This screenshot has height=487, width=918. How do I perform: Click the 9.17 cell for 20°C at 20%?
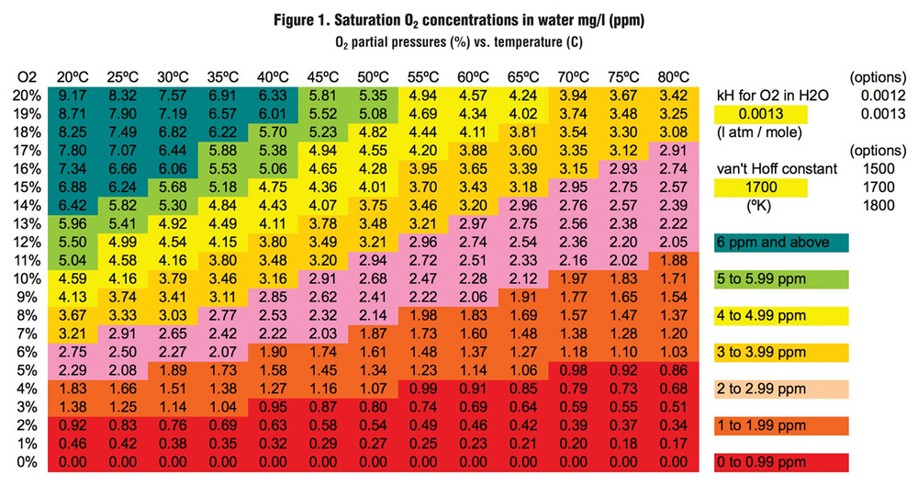pos(73,96)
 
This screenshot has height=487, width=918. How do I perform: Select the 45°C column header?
pos(322,77)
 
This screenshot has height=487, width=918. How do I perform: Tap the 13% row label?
pos(27,224)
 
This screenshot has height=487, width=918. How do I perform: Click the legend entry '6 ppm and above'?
pos(781,243)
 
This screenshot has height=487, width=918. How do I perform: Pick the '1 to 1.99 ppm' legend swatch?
pos(781,425)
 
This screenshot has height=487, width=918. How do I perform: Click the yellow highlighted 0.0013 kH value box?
pos(760,114)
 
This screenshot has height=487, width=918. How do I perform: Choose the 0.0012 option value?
pos(883,96)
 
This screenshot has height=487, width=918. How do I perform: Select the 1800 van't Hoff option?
pos(879,205)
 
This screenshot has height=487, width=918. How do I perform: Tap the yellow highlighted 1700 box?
pos(760,187)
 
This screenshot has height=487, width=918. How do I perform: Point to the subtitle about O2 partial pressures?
pos(459,43)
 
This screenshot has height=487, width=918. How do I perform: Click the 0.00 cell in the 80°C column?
pos(673,462)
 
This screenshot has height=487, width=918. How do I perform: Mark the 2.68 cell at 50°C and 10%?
pos(373,279)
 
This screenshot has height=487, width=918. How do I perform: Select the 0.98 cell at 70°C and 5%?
pos(573,370)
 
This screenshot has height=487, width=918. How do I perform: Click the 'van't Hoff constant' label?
pos(777,169)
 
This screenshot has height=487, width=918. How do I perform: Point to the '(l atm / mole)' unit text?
pos(759,132)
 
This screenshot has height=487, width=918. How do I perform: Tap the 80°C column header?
pos(673,77)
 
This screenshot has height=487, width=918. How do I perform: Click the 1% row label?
pos(27,444)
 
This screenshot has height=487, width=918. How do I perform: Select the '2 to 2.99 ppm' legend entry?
pos(781,389)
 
